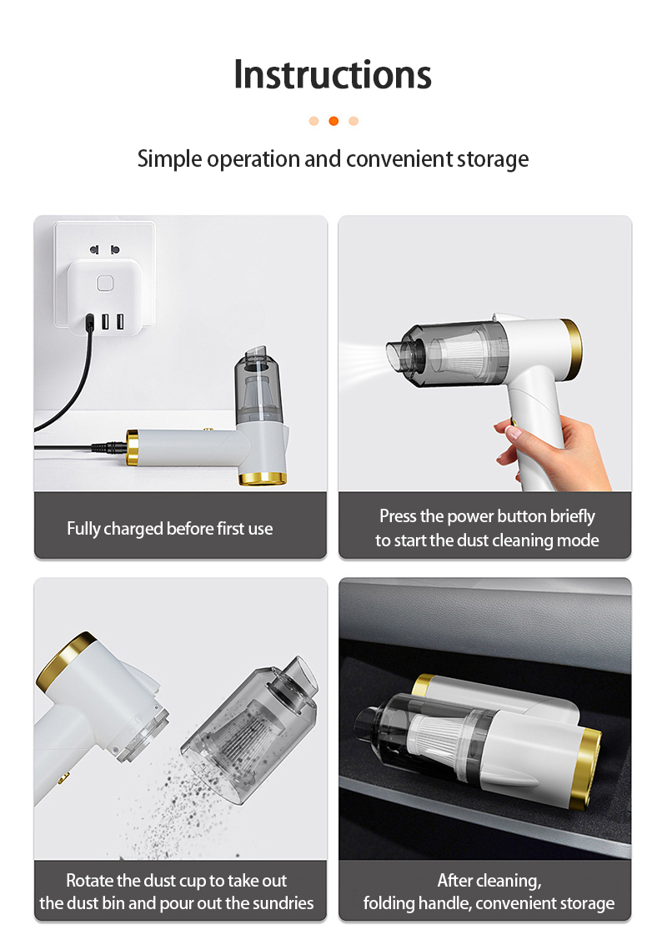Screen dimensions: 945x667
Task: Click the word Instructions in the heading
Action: click(333, 74)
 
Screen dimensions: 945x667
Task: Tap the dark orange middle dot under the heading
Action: click(333, 121)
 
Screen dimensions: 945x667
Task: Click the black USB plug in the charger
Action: click(90, 321)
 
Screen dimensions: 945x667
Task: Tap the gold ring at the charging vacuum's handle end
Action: click(133, 447)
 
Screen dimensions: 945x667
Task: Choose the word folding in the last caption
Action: click(389, 903)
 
